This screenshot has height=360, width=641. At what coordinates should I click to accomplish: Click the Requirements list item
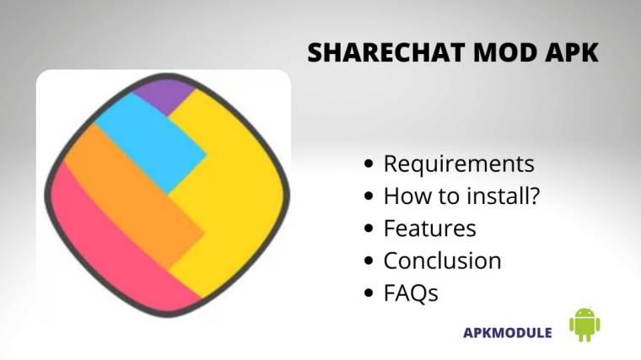pos(459,164)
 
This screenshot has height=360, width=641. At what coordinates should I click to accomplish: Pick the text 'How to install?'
pos(461,196)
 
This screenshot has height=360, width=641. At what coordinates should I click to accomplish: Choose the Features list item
pos(429,228)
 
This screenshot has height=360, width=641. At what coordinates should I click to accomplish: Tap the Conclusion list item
pos(442,261)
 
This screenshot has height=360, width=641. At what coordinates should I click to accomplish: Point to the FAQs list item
pos(411,293)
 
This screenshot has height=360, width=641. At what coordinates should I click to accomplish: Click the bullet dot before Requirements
pos(369,164)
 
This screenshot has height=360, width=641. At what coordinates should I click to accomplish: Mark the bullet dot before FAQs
pos(369,293)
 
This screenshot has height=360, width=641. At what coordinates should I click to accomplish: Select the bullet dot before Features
pos(369,229)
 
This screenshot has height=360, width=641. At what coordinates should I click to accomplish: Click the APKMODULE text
pos(508,332)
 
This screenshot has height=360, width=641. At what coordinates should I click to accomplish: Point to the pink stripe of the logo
pos(110,244)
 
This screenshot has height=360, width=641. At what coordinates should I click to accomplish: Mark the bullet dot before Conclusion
pos(369,261)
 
